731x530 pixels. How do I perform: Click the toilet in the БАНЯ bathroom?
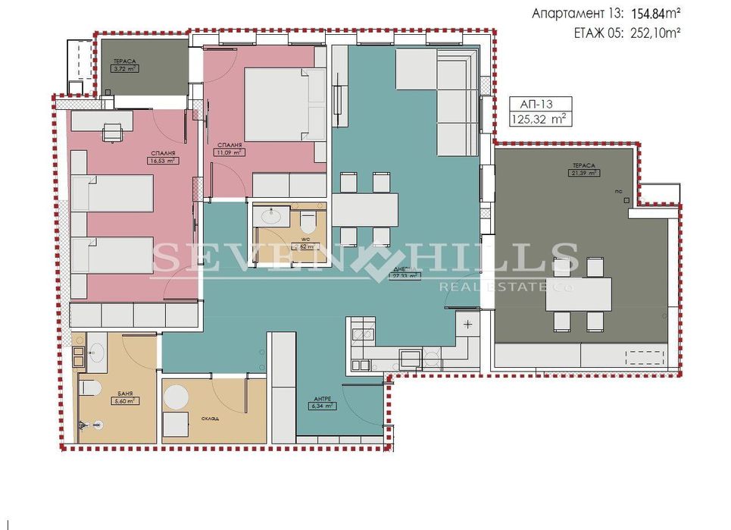91,388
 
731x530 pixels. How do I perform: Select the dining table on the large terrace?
579,295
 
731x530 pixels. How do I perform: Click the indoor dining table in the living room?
365,209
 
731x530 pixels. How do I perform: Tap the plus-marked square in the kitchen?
467,325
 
